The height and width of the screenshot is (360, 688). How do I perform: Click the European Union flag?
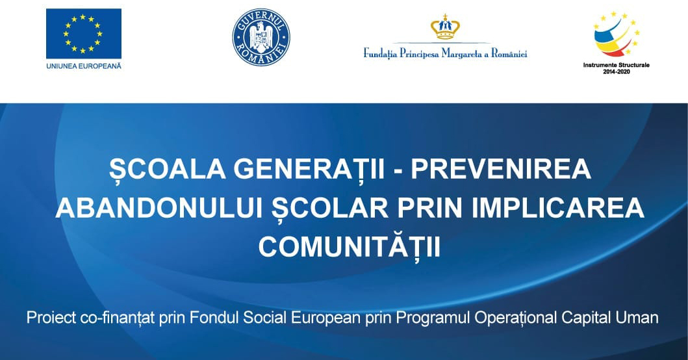point(84,33)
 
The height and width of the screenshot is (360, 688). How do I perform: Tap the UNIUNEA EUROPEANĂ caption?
point(84,66)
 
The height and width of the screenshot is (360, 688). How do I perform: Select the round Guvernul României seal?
point(261,37)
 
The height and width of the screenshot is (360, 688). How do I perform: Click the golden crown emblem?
point(446,27)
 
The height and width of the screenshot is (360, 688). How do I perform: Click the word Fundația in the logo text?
point(380,54)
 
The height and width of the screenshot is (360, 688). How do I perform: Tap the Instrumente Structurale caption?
point(616,65)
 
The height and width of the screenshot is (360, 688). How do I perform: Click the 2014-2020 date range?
point(616,71)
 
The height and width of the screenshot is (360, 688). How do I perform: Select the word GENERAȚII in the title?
point(309,170)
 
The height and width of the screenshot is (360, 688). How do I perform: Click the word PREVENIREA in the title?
point(501,169)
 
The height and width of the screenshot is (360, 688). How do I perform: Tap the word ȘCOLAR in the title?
point(330,208)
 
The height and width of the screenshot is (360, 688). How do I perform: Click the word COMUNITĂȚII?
point(350,246)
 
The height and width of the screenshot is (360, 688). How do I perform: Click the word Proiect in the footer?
point(51,317)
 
